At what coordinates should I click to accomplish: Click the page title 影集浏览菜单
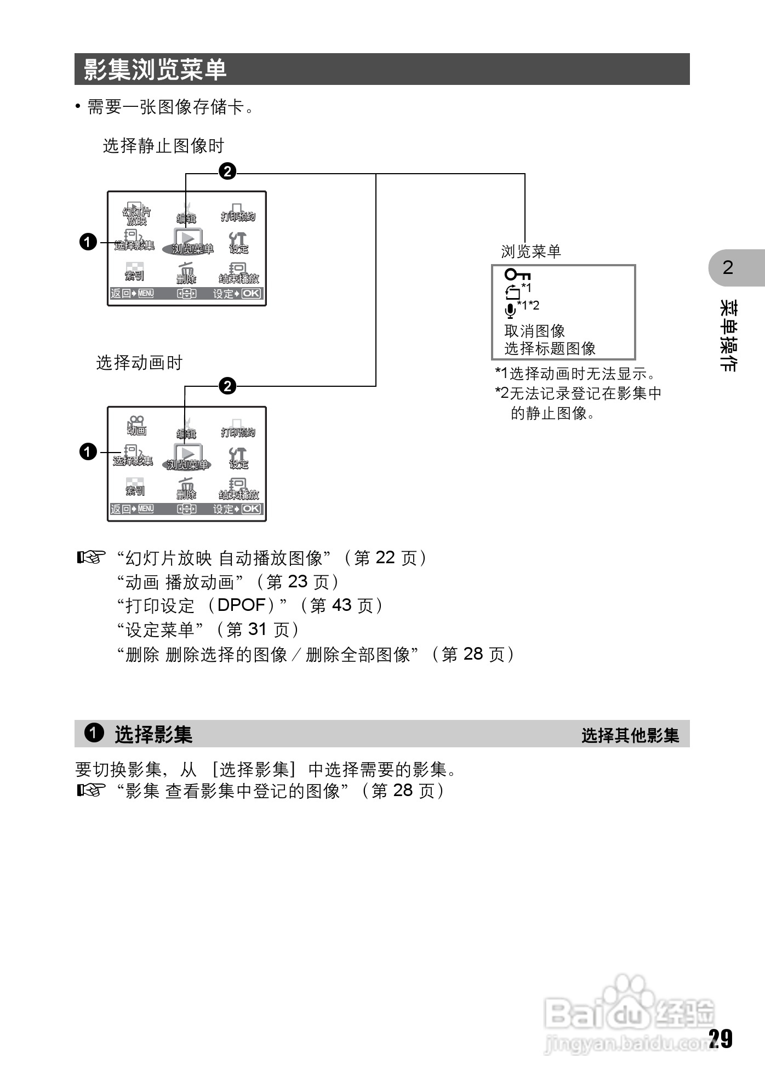[x=155, y=70]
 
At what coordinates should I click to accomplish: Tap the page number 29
[x=720, y=1038]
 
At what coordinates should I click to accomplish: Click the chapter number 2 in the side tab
[x=728, y=267]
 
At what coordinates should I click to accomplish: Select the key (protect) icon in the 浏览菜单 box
[x=517, y=274]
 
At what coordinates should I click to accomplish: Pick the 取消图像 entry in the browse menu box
[x=534, y=331]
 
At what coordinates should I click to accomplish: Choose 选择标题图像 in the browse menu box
[x=550, y=348]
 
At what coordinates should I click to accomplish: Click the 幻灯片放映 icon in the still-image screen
[x=136, y=214]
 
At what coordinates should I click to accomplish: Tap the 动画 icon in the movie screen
[x=136, y=425]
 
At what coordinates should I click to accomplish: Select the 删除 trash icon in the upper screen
[x=186, y=272]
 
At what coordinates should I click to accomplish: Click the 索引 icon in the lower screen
[x=135, y=487]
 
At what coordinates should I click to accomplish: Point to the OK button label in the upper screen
[x=251, y=293]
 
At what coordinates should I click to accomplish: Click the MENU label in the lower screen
[x=146, y=509]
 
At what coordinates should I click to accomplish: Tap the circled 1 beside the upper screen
[x=88, y=242]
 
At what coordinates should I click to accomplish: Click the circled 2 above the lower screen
[x=227, y=386]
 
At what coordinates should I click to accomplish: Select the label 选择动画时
[x=139, y=363]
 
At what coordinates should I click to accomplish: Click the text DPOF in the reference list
[x=241, y=605]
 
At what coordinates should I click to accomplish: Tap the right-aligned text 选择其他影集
[x=630, y=735]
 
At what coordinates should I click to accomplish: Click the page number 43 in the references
[x=341, y=605]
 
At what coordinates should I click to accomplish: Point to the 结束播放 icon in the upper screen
[x=239, y=273]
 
